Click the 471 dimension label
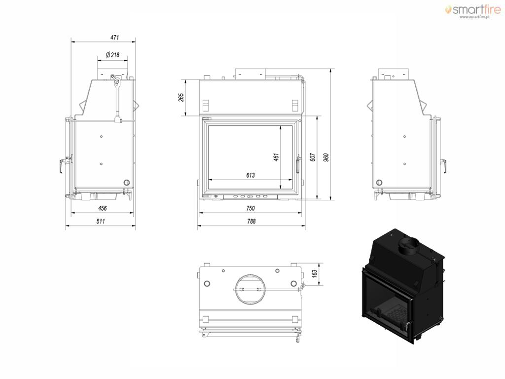[x=114, y=38]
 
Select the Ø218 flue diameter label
[x=113, y=55]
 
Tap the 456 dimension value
[x=103, y=208]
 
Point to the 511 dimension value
[x=101, y=221]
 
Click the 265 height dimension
[x=181, y=97]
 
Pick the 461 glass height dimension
[x=276, y=157]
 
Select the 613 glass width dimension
[x=251, y=175]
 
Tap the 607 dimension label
[x=312, y=157]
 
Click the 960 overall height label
[x=326, y=157]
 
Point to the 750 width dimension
[x=251, y=208]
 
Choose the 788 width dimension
[x=252, y=221]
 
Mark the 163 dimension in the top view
[x=315, y=273]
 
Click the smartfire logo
[x=473, y=9]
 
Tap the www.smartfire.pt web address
[x=474, y=17]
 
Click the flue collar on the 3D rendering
[x=409, y=246]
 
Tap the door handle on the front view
[x=298, y=164]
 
